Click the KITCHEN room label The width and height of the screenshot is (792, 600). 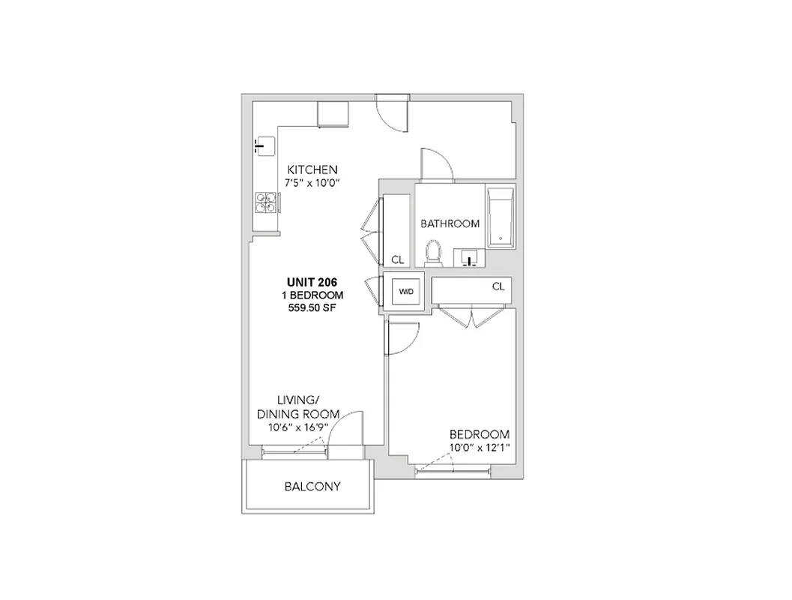[x=312, y=169]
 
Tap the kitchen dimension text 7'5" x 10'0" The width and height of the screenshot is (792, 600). [x=312, y=183]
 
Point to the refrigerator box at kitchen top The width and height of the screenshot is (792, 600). [x=333, y=113]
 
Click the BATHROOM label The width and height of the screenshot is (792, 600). [x=450, y=223]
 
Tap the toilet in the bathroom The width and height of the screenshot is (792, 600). [x=433, y=253]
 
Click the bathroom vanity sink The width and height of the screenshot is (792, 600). [x=470, y=259]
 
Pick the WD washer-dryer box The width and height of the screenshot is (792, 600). [x=405, y=291]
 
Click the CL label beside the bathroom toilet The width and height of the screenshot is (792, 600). [x=397, y=259]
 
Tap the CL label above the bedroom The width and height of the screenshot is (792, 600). [x=498, y=286]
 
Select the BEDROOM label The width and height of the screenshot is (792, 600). [x=480, y=434]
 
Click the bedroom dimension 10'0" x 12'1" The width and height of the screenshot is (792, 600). [x=480, y=448]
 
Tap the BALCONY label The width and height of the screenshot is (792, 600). [x=312, y=486]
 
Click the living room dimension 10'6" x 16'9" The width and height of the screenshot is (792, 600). [x=298, y=428]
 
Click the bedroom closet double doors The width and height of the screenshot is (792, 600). [x=468, y=316]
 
